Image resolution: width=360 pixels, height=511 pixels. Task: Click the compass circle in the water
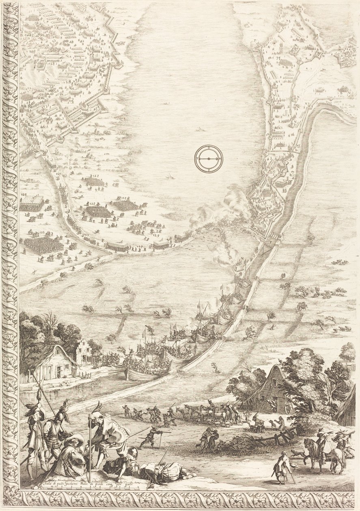point(209,159)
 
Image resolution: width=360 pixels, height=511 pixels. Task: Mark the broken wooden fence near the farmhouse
point(280,437)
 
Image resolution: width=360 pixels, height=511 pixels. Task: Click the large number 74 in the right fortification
point(278,58)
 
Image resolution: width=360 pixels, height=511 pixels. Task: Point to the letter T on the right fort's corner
point(255,41)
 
